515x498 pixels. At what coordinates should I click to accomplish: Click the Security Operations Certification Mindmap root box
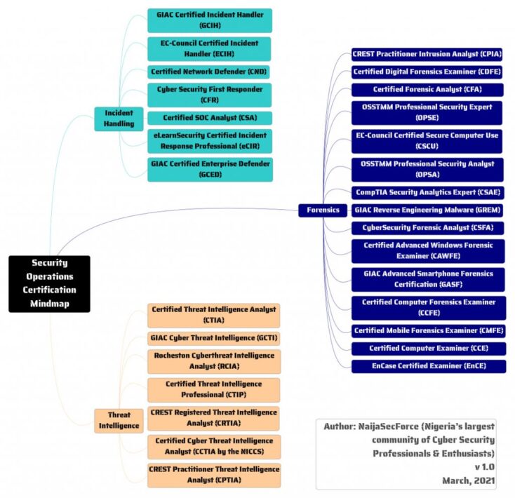point(50,284)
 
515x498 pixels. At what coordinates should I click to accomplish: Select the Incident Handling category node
point(119,119)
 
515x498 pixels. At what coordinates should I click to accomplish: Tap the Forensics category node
point(322,210)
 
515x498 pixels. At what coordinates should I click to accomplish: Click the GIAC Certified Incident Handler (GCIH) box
point(210,20)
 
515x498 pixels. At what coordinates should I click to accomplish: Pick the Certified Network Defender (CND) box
point(210,72)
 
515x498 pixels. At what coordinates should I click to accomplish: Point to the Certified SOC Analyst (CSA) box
point(210,118)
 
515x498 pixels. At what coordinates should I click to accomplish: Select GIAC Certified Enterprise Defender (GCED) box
point(210,169)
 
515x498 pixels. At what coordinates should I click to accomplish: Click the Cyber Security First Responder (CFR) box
point(210,95)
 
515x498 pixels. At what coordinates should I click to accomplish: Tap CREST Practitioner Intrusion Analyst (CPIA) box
point(427,54)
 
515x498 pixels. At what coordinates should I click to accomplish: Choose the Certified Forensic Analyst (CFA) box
point(427,89)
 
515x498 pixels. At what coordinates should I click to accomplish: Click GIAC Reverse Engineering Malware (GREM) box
point(427,210)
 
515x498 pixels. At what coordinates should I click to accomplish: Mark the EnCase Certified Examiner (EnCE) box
point(427,365)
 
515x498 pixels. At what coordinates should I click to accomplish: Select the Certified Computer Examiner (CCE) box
point(427,348)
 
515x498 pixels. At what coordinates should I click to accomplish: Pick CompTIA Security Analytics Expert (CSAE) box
point(427,192)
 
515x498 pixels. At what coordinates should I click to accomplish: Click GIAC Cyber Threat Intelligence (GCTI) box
point(214,338)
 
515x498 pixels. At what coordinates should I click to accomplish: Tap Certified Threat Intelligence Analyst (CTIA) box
point(214,315)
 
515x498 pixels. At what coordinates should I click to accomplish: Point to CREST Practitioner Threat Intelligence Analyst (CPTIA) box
point(214,475)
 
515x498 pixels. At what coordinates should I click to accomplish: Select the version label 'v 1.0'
point(484,466)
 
